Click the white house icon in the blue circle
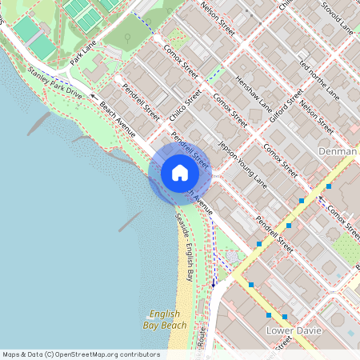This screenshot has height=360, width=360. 180,173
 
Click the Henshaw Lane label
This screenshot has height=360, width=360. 254,94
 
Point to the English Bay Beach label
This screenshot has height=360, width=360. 168,319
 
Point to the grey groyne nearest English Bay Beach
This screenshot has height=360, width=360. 130,222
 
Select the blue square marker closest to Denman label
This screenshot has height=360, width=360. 329,186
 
